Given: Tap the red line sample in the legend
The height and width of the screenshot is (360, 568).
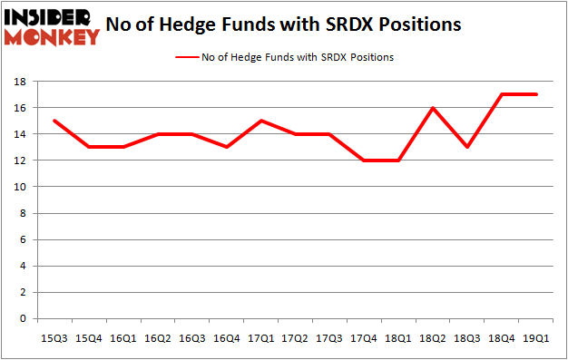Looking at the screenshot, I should point(189,57).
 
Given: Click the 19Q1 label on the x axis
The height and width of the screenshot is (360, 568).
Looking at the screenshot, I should point(532,338).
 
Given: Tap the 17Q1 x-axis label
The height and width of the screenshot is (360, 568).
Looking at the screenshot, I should point(260,338).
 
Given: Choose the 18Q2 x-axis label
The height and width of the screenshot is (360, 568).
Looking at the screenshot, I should point(429,338).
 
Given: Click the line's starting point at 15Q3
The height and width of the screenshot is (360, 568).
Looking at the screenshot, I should point(54,121).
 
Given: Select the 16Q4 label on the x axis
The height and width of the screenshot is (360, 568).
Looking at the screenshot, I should point(225,338).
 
